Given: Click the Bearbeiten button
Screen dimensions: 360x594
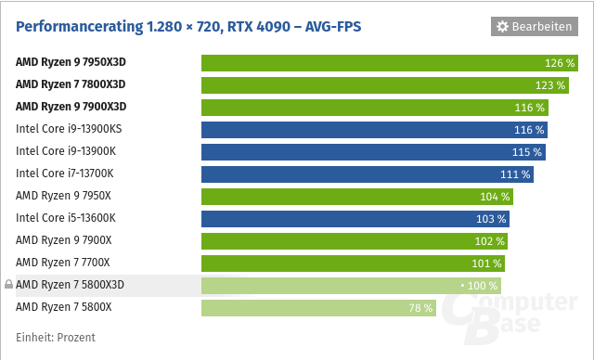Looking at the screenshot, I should tap(534, 27).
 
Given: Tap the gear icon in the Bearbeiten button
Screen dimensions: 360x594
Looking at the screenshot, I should tap(503, 27).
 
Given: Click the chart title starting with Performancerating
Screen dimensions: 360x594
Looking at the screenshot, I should tap(188, 27).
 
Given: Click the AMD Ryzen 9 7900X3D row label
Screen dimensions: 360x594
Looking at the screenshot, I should tap(71, 108).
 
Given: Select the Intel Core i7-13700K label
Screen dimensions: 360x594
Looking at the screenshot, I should tap(64, 174).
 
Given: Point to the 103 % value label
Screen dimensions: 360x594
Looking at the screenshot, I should tap(492, 219).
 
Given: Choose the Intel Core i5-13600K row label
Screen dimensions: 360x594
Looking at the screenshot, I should tap(65, 218).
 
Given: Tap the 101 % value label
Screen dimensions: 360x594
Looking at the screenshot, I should tap(486, 263).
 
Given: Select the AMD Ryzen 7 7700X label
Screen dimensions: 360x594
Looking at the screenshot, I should tap(62, 263).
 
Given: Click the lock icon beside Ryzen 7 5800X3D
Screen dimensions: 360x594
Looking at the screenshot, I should tap(8, 285).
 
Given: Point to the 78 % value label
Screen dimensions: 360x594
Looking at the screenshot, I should tap(420, 307).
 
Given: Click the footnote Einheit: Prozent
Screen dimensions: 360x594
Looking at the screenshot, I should tap(56, 338).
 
